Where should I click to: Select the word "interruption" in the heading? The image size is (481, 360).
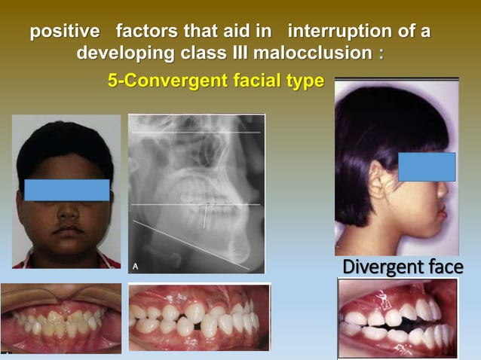(339, 33)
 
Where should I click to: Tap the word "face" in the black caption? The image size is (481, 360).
(443, 267)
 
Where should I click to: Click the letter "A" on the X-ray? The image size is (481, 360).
(136, 265)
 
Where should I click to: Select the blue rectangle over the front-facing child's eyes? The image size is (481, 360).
(66, 190)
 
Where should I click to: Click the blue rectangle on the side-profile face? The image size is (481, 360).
(427, 166)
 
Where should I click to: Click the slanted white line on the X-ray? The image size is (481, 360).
(192, 245)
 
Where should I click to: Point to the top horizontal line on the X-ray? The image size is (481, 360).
(196, 133)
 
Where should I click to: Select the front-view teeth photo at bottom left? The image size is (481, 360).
(60, 318)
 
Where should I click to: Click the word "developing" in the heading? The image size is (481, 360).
(130, 54)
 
